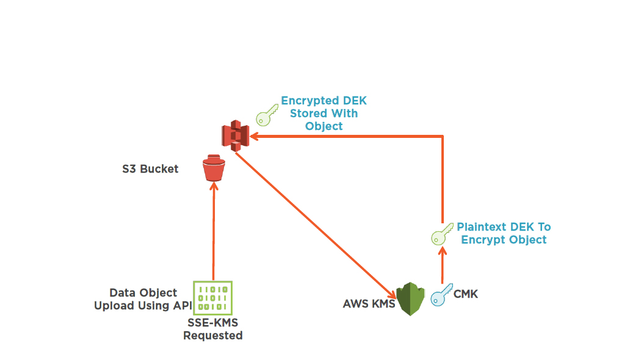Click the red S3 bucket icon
214,168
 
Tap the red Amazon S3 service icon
235,135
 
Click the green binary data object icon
212,297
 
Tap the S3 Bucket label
150,169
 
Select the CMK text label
466,295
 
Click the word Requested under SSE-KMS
212,336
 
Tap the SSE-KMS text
212,323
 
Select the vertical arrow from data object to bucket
214,232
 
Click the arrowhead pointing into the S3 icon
253,136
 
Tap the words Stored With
324,113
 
